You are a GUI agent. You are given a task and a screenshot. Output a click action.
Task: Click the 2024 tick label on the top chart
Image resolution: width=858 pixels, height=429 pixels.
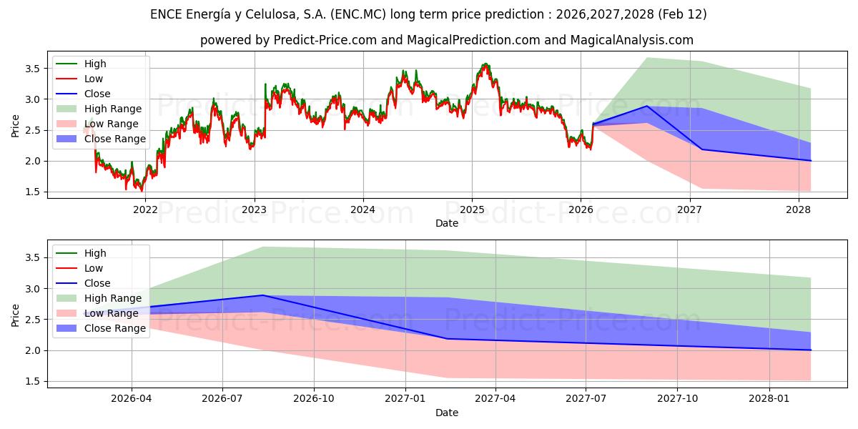363,209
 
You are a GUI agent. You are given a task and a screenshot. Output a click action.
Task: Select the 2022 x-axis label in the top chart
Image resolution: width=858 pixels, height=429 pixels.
145,209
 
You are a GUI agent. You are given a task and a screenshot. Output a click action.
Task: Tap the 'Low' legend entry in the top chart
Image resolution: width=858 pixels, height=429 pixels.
94,79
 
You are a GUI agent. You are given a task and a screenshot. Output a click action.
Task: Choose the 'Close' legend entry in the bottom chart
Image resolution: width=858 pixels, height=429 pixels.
97,283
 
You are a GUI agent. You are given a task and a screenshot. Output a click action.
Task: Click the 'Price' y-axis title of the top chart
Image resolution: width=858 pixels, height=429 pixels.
16,125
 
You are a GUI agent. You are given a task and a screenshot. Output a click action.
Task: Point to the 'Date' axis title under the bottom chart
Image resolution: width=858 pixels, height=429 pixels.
447,413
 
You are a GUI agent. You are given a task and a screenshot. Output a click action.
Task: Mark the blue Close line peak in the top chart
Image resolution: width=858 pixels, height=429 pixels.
647,106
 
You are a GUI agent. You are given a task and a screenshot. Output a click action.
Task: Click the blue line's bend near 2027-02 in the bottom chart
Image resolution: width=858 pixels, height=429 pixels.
447,339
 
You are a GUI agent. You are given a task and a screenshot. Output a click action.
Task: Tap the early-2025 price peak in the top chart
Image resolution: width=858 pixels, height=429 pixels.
486,64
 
